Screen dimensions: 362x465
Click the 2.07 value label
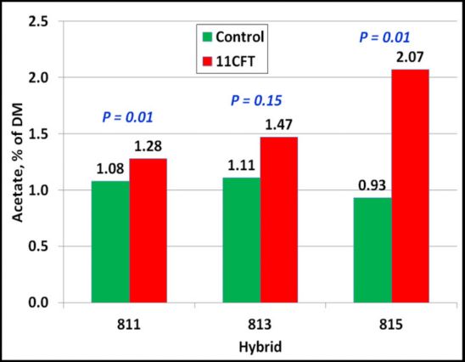[x=408, y=58]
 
